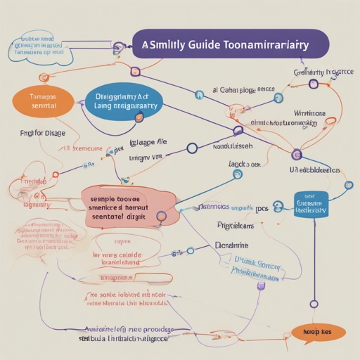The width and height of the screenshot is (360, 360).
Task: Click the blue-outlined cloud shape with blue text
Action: pos(40,46)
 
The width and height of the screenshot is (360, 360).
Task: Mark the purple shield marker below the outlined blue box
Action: pos(262,285)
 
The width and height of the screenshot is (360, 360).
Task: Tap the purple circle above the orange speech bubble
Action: pos(312,304)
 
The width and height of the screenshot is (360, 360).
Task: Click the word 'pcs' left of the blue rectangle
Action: pos(262,210)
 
